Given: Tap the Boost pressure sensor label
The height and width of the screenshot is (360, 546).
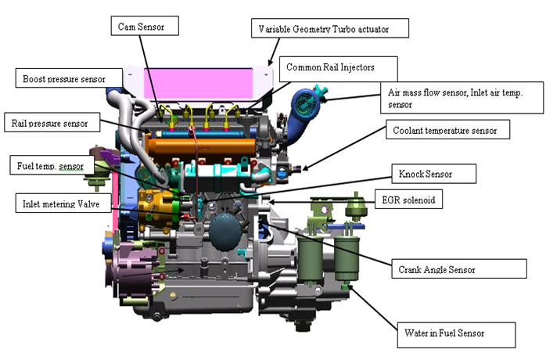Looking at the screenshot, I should (x=70, y=78).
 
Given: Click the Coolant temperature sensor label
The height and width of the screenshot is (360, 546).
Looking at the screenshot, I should (x=447, y=129).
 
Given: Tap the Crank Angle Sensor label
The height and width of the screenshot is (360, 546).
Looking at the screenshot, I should (x=458, y=268).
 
